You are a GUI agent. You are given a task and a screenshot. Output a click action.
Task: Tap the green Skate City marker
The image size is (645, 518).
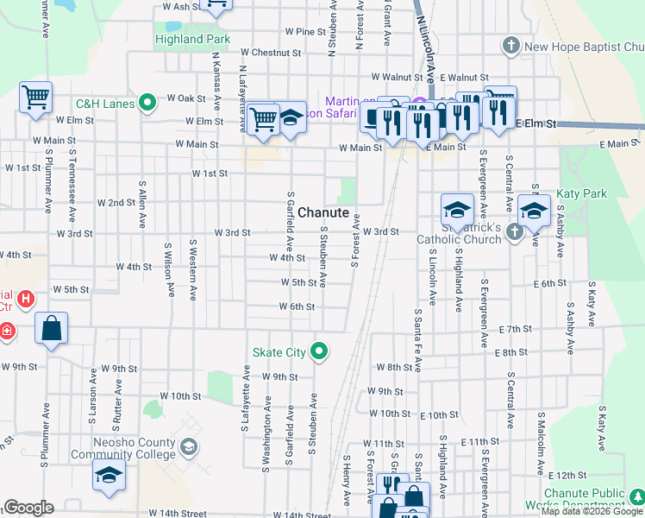tap(320, 351)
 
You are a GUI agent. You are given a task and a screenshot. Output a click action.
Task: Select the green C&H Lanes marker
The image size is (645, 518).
tap(147, 104)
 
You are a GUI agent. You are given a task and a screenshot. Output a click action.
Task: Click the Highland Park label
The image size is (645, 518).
tap(192, 39)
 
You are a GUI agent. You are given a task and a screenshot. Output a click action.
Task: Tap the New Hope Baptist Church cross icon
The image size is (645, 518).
tap(511, 47)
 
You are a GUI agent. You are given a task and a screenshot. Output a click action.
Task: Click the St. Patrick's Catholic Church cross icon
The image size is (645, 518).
tap(514, 231)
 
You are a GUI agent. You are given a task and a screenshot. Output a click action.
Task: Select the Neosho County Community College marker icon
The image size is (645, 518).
tap(189, 447)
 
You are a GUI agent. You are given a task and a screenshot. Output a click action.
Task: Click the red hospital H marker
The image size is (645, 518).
tap(26, 300)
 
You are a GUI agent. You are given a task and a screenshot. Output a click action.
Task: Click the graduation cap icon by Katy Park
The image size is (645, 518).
tap(535, 211)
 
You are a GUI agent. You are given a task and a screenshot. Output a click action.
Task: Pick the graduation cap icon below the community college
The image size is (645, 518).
tap(110, 476)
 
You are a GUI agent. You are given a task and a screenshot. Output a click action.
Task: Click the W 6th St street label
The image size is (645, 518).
tap(297, 306)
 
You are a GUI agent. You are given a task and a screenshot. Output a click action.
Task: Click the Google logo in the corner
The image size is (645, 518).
tap(28, 508)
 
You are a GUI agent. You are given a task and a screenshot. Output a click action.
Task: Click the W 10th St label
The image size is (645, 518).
tap(180, 396)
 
